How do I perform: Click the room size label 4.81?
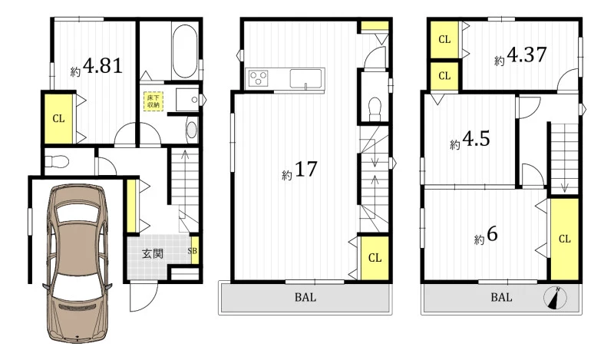click(103, 66)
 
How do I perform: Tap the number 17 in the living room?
click(305, 169)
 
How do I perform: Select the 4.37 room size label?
click(527, 54)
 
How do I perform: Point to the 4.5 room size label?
click(476, 139)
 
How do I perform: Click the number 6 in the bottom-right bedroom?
click(492, 234)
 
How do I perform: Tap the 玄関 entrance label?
click(152, 254)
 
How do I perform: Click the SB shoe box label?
click(193, 251)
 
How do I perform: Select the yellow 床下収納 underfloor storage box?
click(153, 101)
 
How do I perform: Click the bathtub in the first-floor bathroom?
click(184, 51)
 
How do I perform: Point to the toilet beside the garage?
click(57, 161)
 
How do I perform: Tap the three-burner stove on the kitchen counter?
click(257, 78)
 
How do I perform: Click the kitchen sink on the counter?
click(305, 78)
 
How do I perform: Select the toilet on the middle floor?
click(375, 108)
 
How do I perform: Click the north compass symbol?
click(555, 298)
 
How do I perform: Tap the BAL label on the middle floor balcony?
click(305, 297)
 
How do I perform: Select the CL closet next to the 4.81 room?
click(59, 118)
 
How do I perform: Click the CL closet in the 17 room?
click(375, 258)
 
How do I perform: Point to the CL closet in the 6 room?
click(564, 239)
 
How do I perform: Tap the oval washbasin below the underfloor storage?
click(191, 130)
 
